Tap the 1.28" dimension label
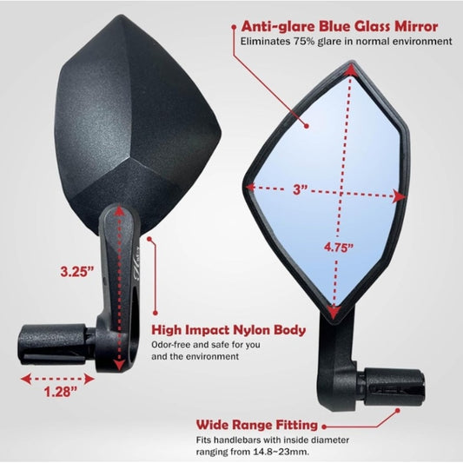coord(61,392)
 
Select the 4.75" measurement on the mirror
coord(339,248)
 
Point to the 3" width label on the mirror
coord(301,189)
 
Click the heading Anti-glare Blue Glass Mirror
coord(340,26)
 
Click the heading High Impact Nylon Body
coord(228,330)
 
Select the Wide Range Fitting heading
coord(257,425)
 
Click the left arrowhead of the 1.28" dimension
coord(26,379)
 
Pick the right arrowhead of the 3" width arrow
coord(399,196)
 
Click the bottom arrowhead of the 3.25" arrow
coord(119,365)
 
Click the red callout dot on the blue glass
coord(307,126)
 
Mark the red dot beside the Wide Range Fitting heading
coord(324,427)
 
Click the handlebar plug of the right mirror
coord(394,387)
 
